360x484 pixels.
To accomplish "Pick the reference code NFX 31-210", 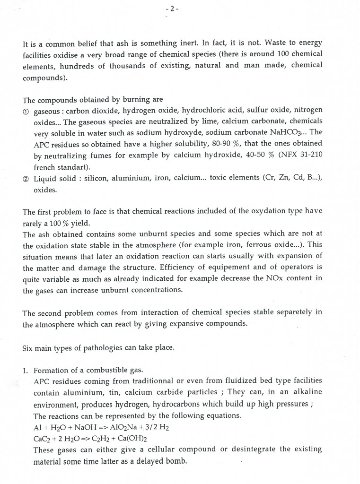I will tap(297, 155).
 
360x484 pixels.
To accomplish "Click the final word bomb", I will tap(176, 461).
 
